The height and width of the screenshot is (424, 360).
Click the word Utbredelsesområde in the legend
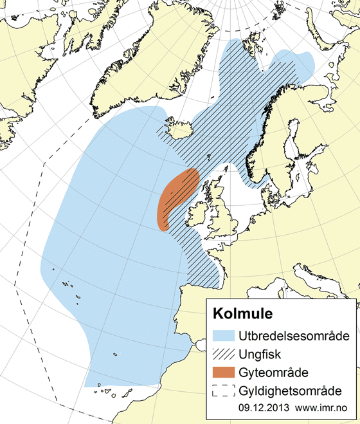click(x=293, y=336)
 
